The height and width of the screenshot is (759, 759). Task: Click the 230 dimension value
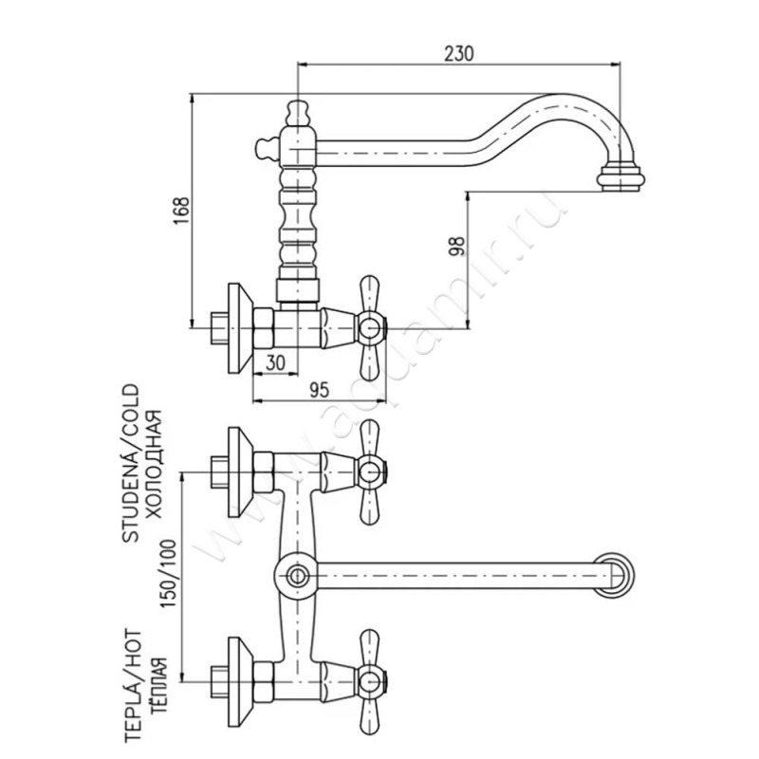tap(459, 53)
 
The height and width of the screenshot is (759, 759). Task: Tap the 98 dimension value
tap(456, 246)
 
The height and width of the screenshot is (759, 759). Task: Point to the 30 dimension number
tap(275, 361)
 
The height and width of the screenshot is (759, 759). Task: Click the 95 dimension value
tap(319, 387)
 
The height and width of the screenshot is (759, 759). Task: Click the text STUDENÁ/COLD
tap(132, 463)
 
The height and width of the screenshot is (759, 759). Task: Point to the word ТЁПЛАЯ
tap(157, 683)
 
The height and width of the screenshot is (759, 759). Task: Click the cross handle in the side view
tap(368, 327)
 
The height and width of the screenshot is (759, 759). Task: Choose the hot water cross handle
tap(368, 679)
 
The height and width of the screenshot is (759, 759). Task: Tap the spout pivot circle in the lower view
tap(297, 574)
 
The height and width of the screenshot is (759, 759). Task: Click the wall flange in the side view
tap(239, 327)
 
